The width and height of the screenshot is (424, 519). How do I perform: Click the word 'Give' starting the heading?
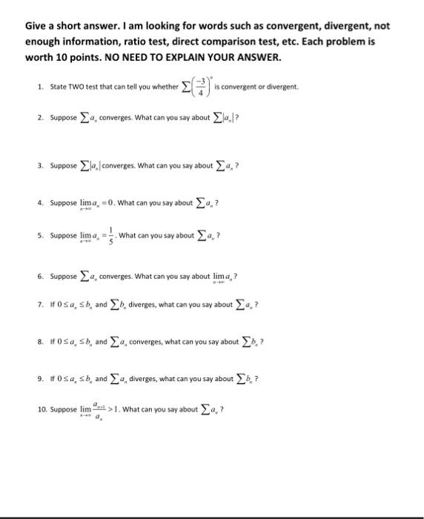(38, 26)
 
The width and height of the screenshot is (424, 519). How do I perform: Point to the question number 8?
(39, 342)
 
